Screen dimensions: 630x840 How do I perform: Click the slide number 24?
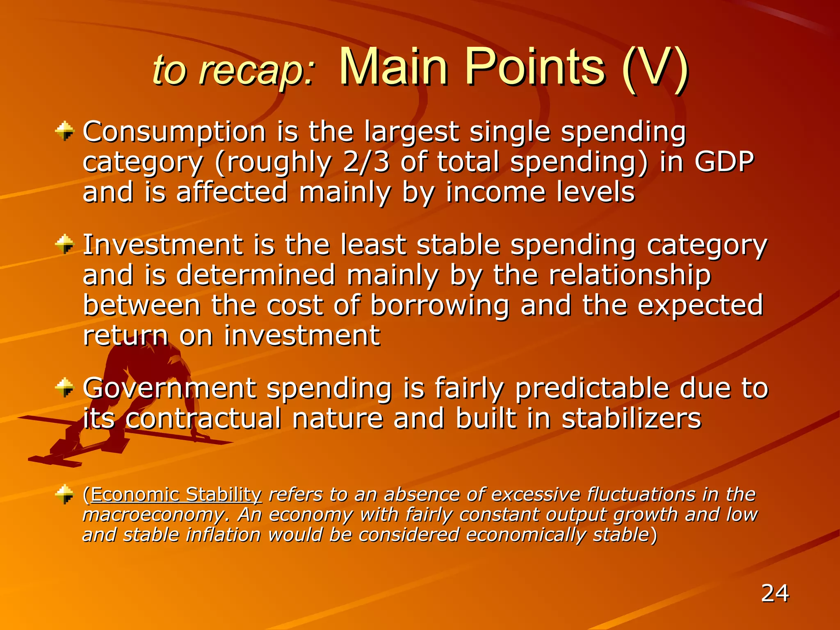point(774,593)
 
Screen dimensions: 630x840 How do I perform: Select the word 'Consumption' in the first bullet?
point(174,132)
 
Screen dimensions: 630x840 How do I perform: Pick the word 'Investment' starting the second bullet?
point(163,245)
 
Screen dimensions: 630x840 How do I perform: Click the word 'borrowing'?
point(440,306)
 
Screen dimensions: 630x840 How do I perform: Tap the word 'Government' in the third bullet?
point(169,388)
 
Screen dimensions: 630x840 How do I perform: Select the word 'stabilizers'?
point(631,418)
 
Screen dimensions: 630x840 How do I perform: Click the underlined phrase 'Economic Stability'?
point(176,495)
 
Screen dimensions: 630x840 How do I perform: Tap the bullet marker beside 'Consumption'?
point(64,132)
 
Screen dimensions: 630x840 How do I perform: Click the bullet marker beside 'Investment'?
point(64,244)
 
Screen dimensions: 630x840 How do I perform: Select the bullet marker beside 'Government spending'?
point(64,388)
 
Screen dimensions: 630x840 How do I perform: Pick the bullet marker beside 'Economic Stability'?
point(64,494)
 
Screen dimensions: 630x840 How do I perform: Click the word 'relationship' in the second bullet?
point(630,275)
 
